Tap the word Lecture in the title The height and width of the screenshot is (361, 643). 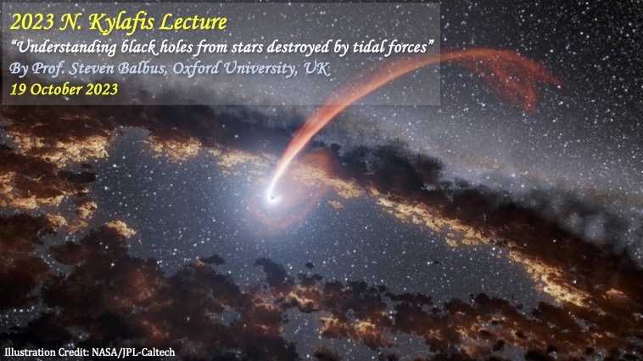pyautogui.click(x=193, y=22)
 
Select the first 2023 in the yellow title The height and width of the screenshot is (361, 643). pyautogui.click(x=32, y=23)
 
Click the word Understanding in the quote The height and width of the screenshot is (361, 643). pyautogui.click(x=64, y=48)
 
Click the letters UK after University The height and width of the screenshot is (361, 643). pyautogui.click(x=316, y=69)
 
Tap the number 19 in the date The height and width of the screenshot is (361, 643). pyautogui.click(x=18, y=89)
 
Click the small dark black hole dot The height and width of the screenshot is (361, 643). pyautogui.click(x=271, y=199)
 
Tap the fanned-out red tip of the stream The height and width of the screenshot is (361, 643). pyautogui.click(x=512, y=78)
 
